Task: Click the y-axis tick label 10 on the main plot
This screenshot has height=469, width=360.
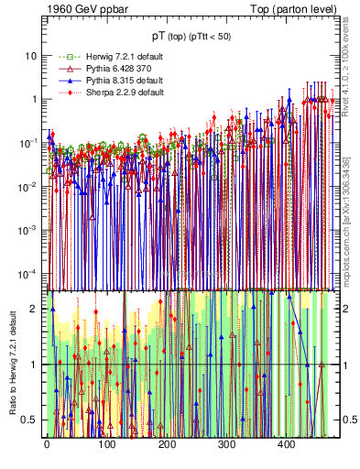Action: (x=31, y=55)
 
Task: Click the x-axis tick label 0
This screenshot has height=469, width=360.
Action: (x=47, y=444)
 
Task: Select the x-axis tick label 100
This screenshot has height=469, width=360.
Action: (x=106, y=444)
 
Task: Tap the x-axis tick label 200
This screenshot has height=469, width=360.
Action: (x=167, y=444)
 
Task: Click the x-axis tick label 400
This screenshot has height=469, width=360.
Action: (x=287, y=444)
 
